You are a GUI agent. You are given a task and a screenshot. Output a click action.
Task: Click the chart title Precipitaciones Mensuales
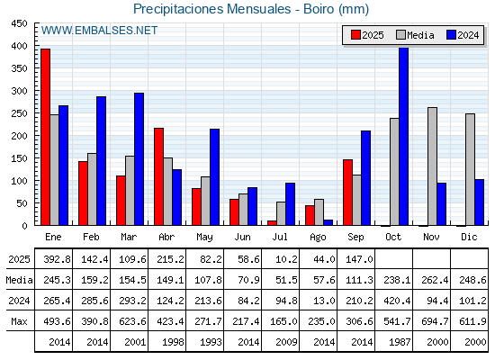click(212, 9)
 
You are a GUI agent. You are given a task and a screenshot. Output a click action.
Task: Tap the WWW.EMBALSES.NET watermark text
click(99, 31)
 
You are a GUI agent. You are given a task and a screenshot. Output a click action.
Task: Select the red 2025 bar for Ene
click(45, 137)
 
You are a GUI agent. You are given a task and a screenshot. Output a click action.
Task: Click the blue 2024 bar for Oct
click(404, 137)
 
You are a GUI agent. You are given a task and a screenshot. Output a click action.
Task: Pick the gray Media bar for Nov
click(432, 166)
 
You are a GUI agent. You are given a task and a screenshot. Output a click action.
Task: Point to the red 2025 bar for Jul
click(272, 223)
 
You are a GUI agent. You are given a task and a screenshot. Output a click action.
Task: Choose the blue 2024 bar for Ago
click(328, 222)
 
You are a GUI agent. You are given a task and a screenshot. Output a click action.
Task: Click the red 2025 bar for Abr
click(158, 176)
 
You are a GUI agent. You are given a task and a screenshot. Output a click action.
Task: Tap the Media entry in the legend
click(415, 35)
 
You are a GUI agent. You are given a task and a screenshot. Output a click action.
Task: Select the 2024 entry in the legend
click(463, 35)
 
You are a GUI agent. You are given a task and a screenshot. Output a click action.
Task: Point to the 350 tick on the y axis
click(19, 68)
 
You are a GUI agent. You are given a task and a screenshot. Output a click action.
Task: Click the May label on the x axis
click(204, 238)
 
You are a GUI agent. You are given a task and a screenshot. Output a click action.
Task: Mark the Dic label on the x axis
click(469, 237)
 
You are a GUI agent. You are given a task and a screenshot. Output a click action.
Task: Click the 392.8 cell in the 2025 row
click(57, 259)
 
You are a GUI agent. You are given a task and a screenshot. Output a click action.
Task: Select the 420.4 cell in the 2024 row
click(397, 301)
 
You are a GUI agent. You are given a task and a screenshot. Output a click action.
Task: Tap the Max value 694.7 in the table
click(435, 321)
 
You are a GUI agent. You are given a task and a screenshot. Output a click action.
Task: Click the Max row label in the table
click(19, 321)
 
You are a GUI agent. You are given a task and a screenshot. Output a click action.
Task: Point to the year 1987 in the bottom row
click(400, 342)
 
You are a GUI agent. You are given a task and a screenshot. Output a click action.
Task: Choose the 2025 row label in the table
click(19, 259)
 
